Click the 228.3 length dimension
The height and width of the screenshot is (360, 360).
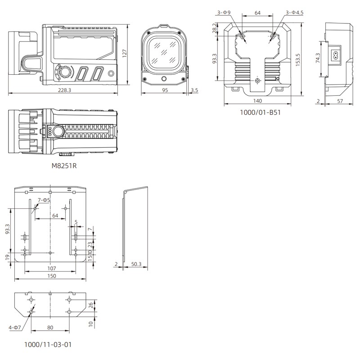pos(64,90)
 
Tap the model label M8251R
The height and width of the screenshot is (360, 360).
pos(64,166)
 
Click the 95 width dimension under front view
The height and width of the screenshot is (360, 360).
pos(165,90)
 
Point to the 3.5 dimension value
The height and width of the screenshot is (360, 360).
pos(194,90)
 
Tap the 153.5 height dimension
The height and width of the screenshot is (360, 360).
pos(297,59)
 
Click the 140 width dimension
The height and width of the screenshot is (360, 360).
pos(257,101)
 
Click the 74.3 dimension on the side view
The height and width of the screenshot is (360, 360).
pos(318,58)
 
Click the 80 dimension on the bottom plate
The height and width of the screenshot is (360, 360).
pos(49,328)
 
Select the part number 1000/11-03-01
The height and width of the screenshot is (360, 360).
pos(48,345)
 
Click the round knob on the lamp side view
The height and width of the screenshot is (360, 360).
pos(66,72)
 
